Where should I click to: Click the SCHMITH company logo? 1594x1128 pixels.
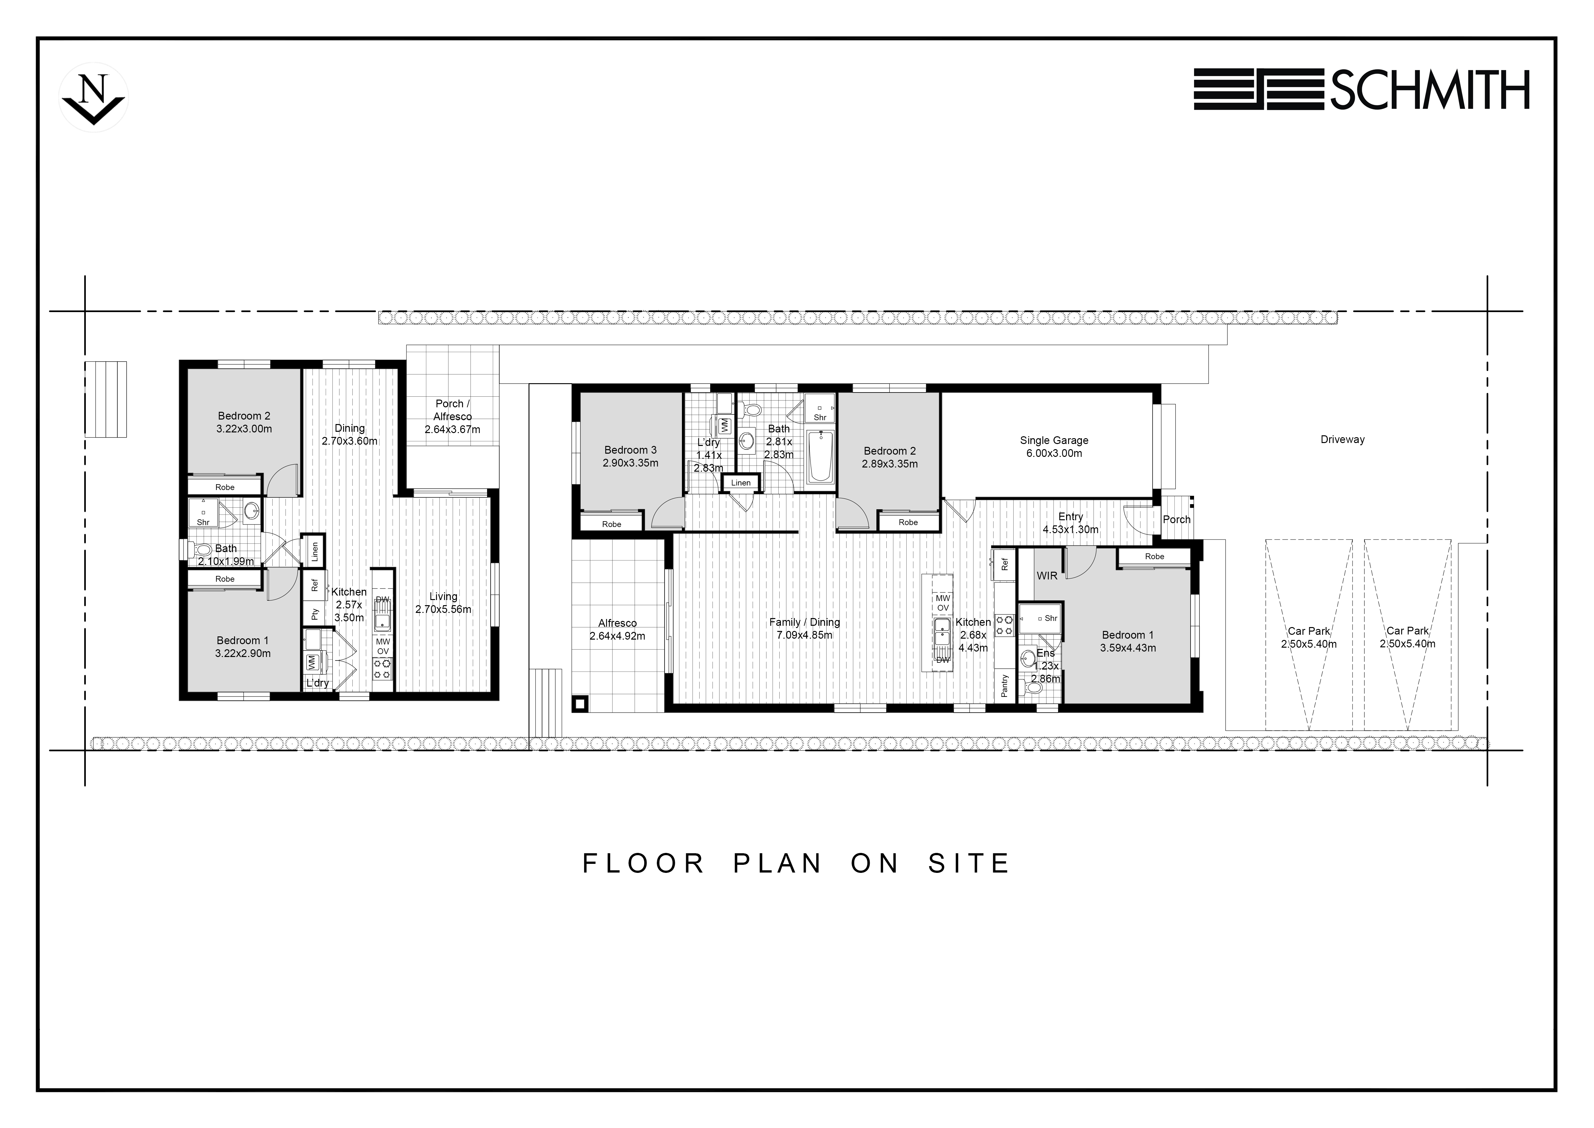1362,89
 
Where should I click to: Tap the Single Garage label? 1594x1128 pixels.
1054,447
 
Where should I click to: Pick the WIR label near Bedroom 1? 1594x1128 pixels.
1047,576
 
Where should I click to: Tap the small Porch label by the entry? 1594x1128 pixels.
1177,520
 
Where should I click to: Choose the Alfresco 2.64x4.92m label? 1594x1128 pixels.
617,629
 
